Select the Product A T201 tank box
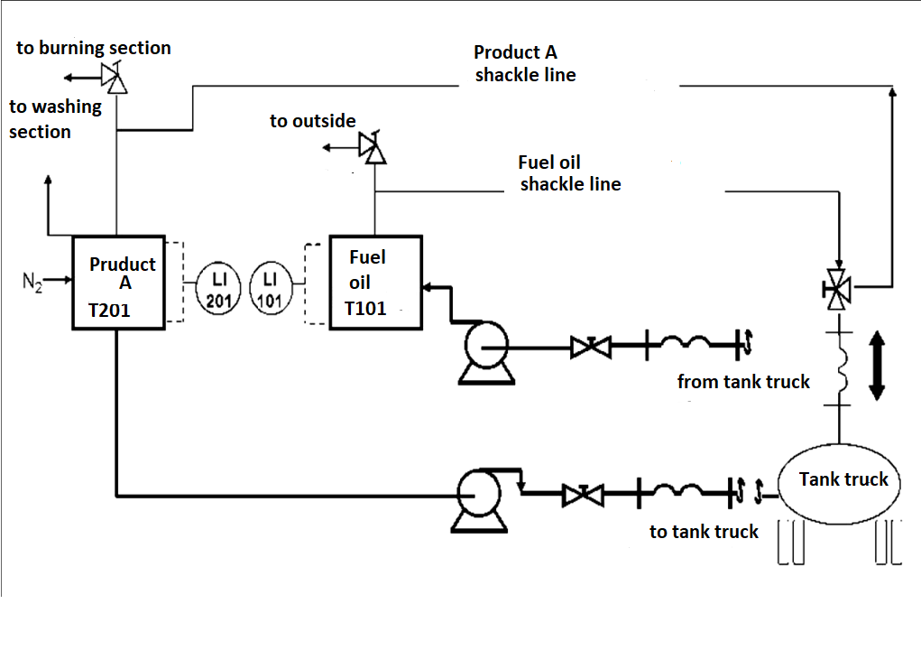[x=119, y=283]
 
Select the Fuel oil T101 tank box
[x=375, y=283]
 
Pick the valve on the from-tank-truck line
[x=590, y=347]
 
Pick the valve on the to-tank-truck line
[x=582, y=495]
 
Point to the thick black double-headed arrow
[x=876, y=366]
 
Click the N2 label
[x=32, y=282]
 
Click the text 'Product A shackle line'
[x=524, y=63]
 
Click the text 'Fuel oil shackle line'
[x=568, y=173]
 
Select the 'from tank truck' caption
[x=743, y=382]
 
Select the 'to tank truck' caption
[x=704, y=532]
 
